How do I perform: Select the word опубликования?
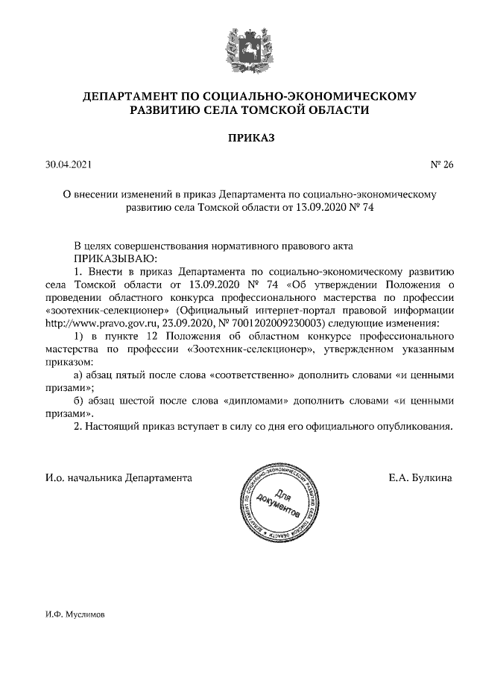[411, 427]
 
